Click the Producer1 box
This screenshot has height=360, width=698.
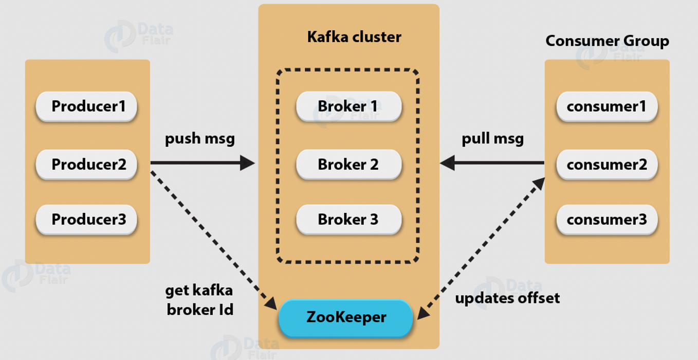tap(86, 106)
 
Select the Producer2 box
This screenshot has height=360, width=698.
tap(86, 165)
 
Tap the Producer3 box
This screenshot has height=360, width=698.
tap(86, 220)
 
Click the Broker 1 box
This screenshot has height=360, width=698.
tap(348, 106)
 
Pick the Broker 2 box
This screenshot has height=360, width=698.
tap(348, 165)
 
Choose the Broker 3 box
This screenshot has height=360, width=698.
tap(348, 220)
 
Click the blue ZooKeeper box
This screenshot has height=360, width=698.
tap(346, 317)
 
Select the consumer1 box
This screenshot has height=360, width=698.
tap(607, 106)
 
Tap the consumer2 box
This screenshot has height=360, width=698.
tap(607, 165)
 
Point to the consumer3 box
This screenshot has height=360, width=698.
tap(607, 220)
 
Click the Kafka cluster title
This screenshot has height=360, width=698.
tap(354, 37)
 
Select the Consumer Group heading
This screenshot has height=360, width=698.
tap(607, 41)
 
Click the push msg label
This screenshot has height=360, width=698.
tap(199, 139)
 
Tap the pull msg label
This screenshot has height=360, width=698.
tap(492, 139)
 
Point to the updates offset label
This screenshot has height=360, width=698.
tap(507, 298)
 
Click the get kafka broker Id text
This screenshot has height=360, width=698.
tap(199, 300)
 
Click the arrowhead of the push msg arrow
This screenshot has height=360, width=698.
tap(248, 164)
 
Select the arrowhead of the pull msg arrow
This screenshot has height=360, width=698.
tap(447, 164)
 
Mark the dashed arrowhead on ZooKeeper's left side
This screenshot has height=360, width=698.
tap(271, 304)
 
